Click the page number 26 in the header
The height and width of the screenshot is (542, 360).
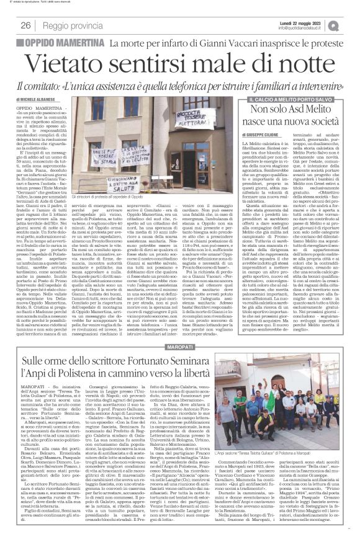tap(26, 25)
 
